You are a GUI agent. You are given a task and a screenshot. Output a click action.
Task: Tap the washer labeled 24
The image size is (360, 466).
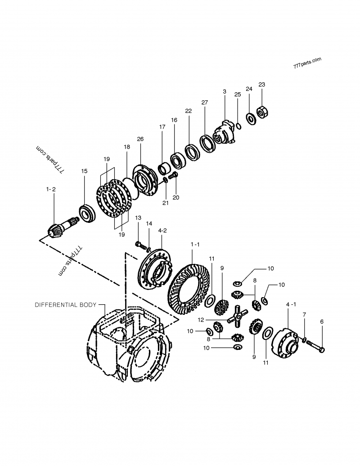coord(250,116)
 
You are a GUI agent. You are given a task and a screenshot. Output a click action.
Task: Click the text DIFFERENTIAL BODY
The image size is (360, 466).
coord(66,305)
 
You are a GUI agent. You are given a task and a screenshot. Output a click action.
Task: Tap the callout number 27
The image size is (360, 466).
coord(205,103)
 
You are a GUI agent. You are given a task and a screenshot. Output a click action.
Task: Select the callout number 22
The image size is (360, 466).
coord(188,111)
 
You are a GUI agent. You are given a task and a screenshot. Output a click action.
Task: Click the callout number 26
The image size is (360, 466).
coord(140,139)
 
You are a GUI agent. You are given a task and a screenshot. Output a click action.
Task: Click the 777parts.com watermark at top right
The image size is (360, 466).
coord(307,62)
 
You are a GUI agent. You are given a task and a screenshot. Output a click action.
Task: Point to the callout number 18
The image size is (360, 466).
coord(127,147)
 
